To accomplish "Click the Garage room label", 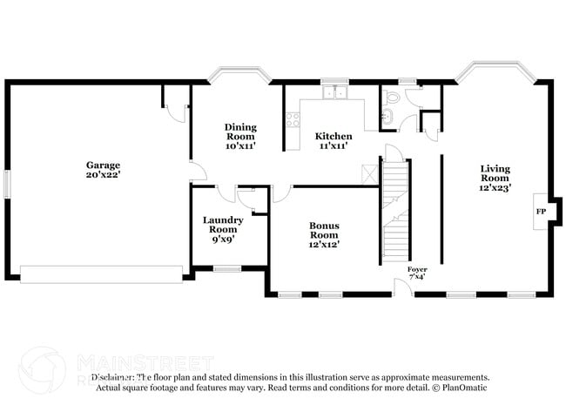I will pos(103,165).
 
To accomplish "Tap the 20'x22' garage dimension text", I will pos(103,175).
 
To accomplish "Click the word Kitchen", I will pos(334,137).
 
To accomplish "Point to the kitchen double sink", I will pos(334,91).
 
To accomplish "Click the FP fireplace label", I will pos(540,212).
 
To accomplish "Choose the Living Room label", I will pos(495,173).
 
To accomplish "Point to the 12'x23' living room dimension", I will pos(495,186).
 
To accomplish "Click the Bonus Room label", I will pos(324,230).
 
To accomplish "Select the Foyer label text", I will pos(417,270).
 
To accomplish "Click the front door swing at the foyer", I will pos(402,283).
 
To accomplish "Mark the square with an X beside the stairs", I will pos(369,172).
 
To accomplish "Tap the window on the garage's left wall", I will pos(6,184).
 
